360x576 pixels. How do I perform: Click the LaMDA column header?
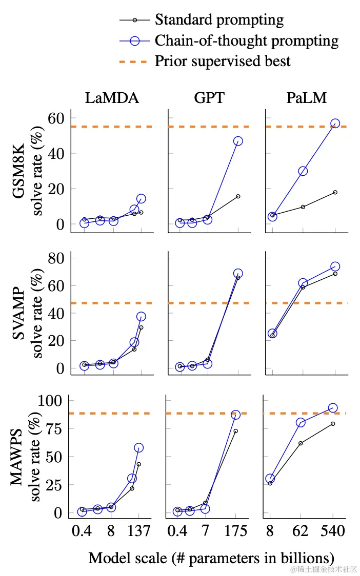(112, 98)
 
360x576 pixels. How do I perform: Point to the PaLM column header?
(306, 98)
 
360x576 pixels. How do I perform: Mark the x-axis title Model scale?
(211, 558)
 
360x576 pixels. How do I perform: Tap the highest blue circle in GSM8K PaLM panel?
(335, 124)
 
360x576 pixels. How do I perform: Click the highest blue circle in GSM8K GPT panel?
(238, 141)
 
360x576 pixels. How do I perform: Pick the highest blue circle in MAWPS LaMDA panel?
(138, 448)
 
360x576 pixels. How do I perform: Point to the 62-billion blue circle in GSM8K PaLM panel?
(303, 171)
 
